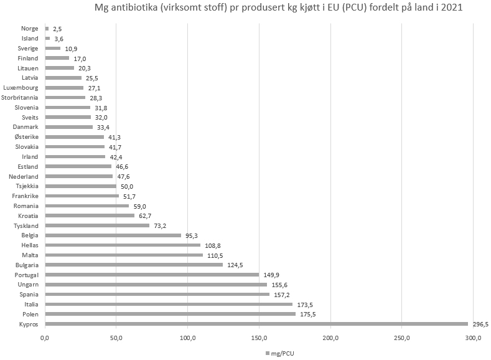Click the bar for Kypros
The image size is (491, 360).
[x=256, y=324]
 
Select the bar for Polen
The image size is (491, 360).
[x=170, y=314]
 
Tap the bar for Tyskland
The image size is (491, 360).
[x=97, y=225]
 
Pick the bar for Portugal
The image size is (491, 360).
[x=152, y=275]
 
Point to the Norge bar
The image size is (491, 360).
[x=47, y=29]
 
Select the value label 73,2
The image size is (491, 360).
[x=161, y=225]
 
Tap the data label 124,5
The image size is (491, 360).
[x=234, y=265]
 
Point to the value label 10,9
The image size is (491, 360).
[x=71, y=49]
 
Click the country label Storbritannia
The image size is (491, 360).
[x=20, y=97]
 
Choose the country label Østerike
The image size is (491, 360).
[x=26, y=136]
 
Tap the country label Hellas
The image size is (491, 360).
[x=29, y=245]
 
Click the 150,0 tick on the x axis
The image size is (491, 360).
[x=259, y=338]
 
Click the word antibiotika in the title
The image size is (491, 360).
[x=134, y=9]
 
